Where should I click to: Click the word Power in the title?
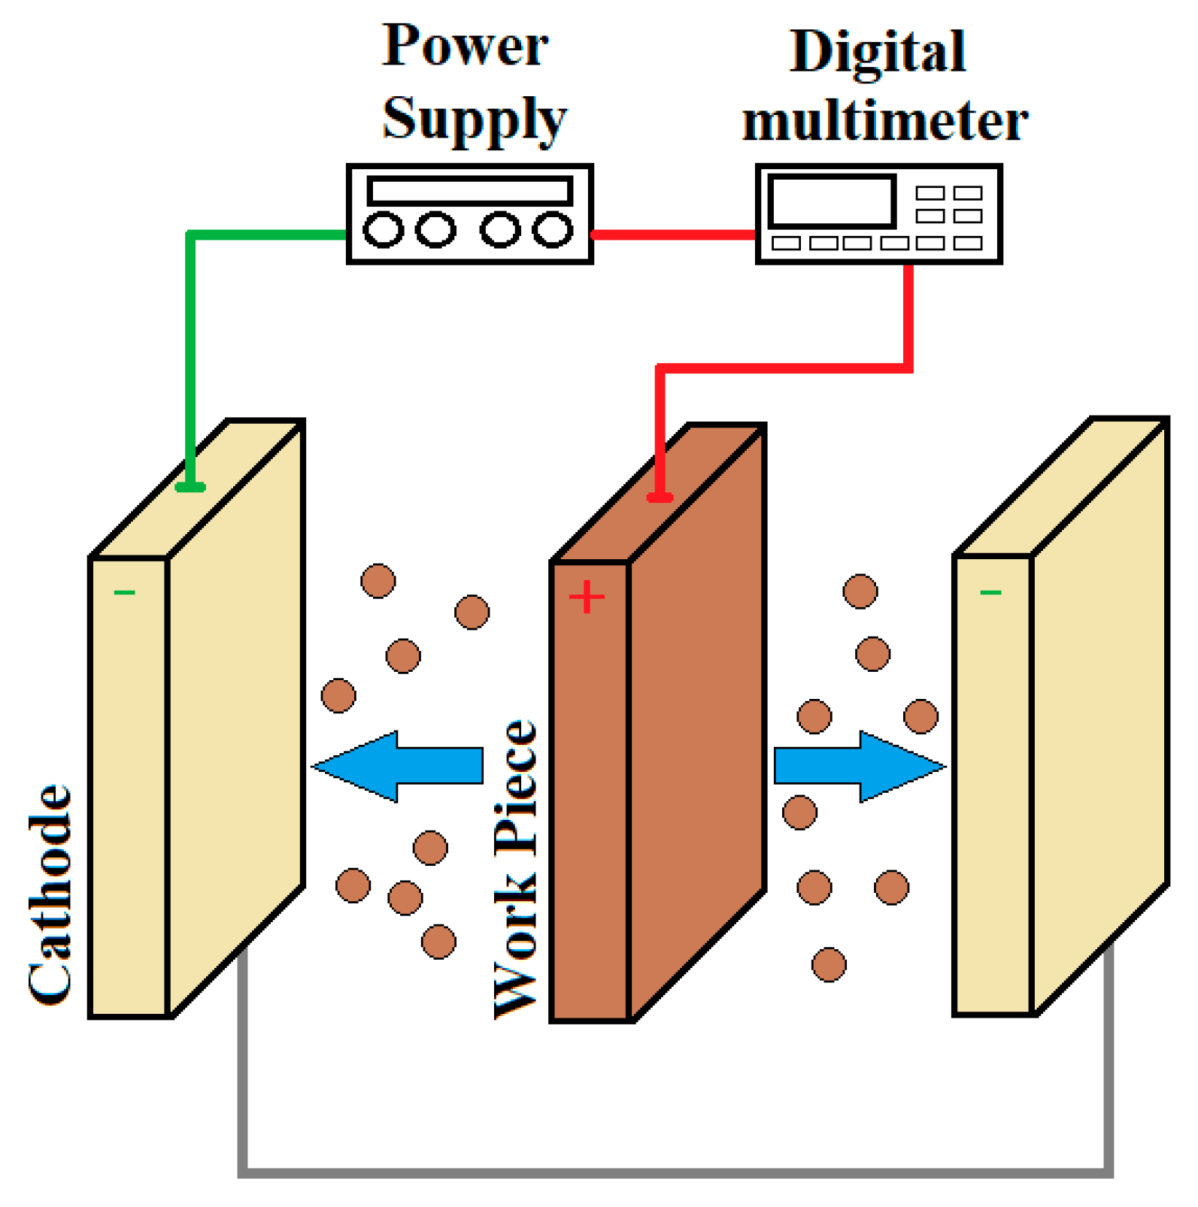coord(466,47)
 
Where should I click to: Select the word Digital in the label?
coord(878,53)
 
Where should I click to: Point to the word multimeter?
coord(885,122)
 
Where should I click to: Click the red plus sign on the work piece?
coord(587,597)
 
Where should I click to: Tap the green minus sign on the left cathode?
coord(124,593)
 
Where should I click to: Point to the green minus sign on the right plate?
coord(990,593)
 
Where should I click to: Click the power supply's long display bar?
coord(470,191)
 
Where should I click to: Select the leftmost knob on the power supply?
coord(383,230)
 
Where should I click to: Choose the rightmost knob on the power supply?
coord(553,230)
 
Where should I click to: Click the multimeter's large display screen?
coord(832,201)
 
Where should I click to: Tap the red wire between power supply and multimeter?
coord(674,235)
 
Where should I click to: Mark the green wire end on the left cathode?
coord(190,487)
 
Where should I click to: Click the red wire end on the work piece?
coord(660,496)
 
